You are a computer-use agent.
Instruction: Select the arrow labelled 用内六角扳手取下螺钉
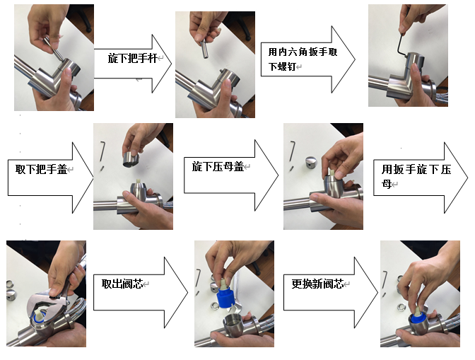coord(307,59)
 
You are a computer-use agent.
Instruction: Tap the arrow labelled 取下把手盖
coord(50,178)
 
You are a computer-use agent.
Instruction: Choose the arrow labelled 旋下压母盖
coord(231,175)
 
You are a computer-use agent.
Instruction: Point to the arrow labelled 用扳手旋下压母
coord(420,178)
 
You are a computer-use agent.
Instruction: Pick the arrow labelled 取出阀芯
coord(140,293)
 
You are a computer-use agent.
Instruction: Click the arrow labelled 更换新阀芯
coord(330,293)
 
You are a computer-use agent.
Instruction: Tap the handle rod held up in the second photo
coord(205,49)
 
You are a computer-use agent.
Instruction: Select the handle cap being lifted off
coord(131,159)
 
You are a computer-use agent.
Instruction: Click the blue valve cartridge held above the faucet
coord(225,295)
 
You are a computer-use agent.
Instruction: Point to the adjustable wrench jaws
coord(45,303)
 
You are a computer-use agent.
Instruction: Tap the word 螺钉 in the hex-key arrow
coord(287,66)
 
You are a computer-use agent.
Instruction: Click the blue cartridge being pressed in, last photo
coord(418,319)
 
